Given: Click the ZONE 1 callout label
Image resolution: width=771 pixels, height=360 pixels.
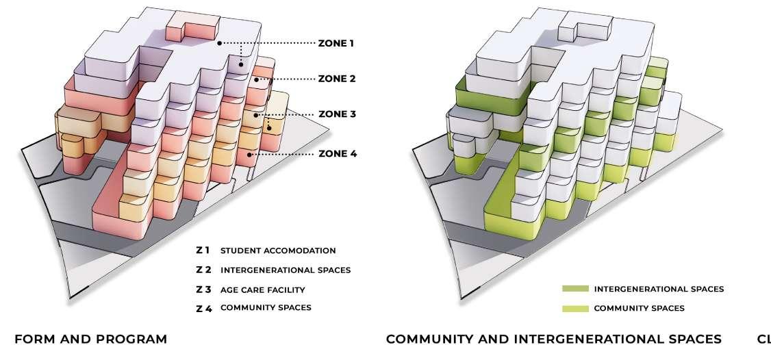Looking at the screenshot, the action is coord(336,43).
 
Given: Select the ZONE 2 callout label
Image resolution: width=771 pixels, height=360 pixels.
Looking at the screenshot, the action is coord(337,79).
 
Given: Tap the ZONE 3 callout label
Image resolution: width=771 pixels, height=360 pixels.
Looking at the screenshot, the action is coord(337,114).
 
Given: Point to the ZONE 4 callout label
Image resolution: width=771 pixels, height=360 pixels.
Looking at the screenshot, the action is coord(338,154).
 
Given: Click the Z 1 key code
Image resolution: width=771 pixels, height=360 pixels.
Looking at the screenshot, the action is coord(203,250).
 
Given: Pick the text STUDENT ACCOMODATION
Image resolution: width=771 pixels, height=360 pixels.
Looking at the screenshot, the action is coord(278,250).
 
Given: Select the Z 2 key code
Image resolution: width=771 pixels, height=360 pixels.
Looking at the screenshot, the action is coord(203,270).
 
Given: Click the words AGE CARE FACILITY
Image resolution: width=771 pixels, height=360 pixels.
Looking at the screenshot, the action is coord(262,290).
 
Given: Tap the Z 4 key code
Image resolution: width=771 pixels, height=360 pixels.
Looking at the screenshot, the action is coord(204,308).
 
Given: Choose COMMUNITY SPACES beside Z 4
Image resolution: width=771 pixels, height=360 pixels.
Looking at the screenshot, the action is coord(266,307).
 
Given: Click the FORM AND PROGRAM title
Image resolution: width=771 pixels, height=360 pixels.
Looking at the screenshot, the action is coord(90,339).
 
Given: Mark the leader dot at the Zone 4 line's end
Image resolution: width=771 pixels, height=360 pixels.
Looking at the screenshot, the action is coord(250,155).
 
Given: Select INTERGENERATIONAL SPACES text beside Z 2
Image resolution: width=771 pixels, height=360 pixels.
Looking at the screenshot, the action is coord(285,270).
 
